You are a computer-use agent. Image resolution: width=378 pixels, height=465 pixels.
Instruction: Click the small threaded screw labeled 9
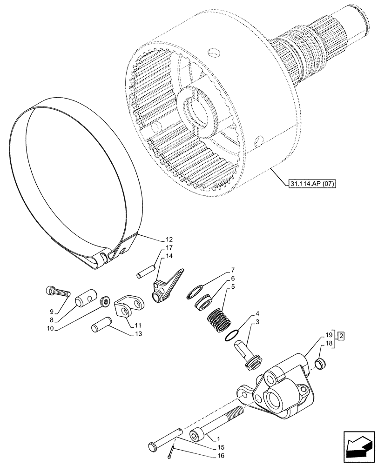(x=59, y=292)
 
